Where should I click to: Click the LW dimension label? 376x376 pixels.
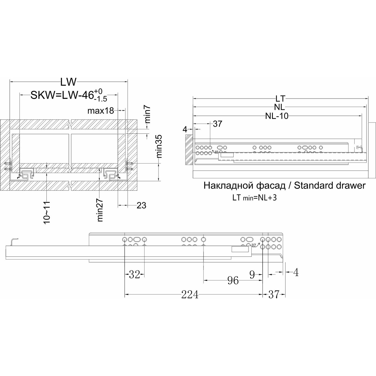click(68, 82)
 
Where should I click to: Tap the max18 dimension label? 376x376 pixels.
click(101, 111)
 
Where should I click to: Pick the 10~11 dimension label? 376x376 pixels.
click(47, 213)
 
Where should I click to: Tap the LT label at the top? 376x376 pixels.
click(280, 99)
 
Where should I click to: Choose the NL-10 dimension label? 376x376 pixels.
click(277, 116)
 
